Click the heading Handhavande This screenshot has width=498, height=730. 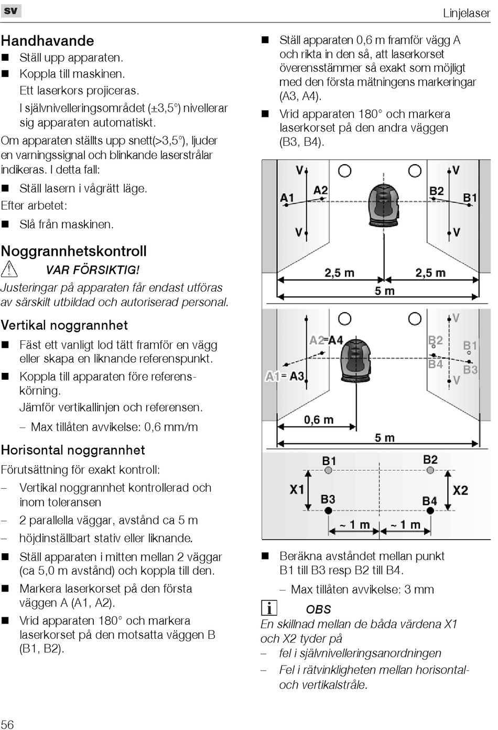coord(48,41)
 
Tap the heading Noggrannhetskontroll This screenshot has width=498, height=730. coord(74,251)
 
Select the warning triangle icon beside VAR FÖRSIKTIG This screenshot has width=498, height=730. coord(9,270)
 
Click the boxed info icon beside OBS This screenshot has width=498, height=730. coord(269,608)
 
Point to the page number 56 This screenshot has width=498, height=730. coord(7,724)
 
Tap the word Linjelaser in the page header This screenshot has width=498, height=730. coord(466,13)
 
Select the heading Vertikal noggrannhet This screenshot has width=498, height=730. coord(64,325)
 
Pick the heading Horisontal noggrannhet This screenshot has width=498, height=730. coord(73,450)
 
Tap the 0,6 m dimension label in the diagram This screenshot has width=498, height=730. coord(319,420)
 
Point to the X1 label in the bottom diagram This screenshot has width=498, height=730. coord(297,490)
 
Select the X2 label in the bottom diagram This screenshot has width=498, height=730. coord(460,490)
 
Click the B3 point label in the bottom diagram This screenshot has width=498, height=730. coord(328,498)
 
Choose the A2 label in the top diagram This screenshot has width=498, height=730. coord(320,190)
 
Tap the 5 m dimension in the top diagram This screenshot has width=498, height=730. coord(384,291)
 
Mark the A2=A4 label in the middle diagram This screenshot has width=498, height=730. coord(326,340)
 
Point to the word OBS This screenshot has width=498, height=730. coord(318,609)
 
